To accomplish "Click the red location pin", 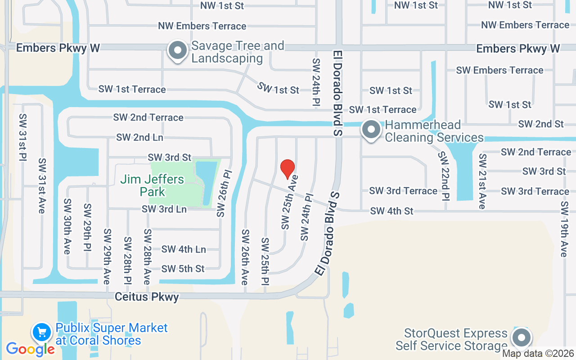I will click(x=288, y=169).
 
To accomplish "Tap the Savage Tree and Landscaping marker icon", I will click(x=178, y=51).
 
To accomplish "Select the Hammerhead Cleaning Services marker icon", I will click(x=371, y=130).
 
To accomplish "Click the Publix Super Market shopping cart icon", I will click(x=42, y=333).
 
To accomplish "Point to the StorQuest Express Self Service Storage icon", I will click(x=522, y=337).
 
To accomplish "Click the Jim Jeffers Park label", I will click(x=152, y=185).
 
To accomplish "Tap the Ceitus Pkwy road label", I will click(x=147, y=297).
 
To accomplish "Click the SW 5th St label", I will click(x=183, y=269).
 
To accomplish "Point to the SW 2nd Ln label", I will click(x=139, y=137).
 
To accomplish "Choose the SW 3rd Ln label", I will click(x=164, y=209).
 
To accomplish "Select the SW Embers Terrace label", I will click(x=499, y=70).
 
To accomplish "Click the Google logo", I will click(x=30, y=349).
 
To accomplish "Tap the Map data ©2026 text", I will click(x=538, y=354).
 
